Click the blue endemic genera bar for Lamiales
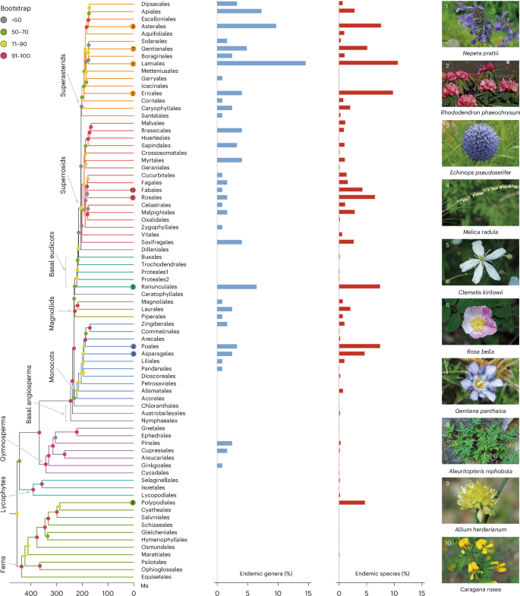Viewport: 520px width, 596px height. [261, 63]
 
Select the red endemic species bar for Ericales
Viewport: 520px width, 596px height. [365, 93]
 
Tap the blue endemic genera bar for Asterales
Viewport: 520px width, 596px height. [247, 26]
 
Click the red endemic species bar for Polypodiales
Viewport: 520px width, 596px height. [351, 503]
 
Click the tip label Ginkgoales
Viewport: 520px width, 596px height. [155, 465]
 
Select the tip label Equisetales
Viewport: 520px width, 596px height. [155, 576]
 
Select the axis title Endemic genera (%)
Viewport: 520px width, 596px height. [262, 573]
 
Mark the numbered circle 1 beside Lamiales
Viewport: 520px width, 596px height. [133, 63]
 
